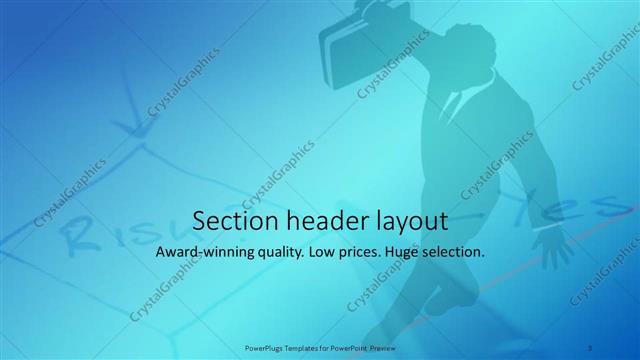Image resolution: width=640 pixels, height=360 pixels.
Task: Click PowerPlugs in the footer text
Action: (x=264, y=347)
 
